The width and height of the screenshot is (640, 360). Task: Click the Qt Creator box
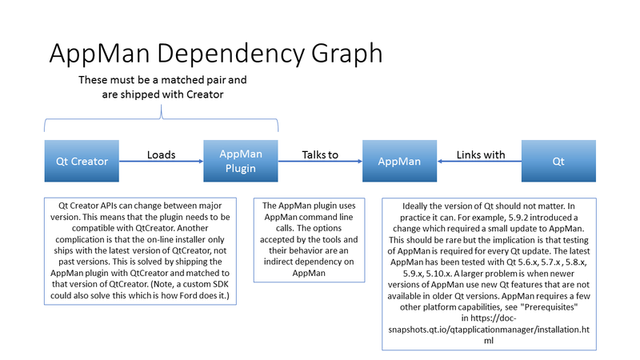[82, 161]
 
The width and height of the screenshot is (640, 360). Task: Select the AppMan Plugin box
[241, 161]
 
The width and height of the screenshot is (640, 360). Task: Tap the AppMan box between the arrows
[399, 161]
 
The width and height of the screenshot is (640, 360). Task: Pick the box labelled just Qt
[558, 161]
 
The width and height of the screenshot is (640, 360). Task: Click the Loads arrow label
[162, 154]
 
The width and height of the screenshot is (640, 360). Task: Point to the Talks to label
[320, 154]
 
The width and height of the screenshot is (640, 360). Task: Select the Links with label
[481, 154]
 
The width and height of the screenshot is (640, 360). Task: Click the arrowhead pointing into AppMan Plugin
[201, 162]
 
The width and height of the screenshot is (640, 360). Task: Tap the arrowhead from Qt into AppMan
[439, 162]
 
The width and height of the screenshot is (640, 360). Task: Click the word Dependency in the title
[230, 54]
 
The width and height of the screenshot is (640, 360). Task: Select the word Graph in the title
[347, 54]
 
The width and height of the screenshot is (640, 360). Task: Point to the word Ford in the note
[188, 295]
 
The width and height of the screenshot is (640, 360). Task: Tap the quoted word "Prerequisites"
[549, 307]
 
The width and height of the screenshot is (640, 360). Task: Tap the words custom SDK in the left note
[206, 284]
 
